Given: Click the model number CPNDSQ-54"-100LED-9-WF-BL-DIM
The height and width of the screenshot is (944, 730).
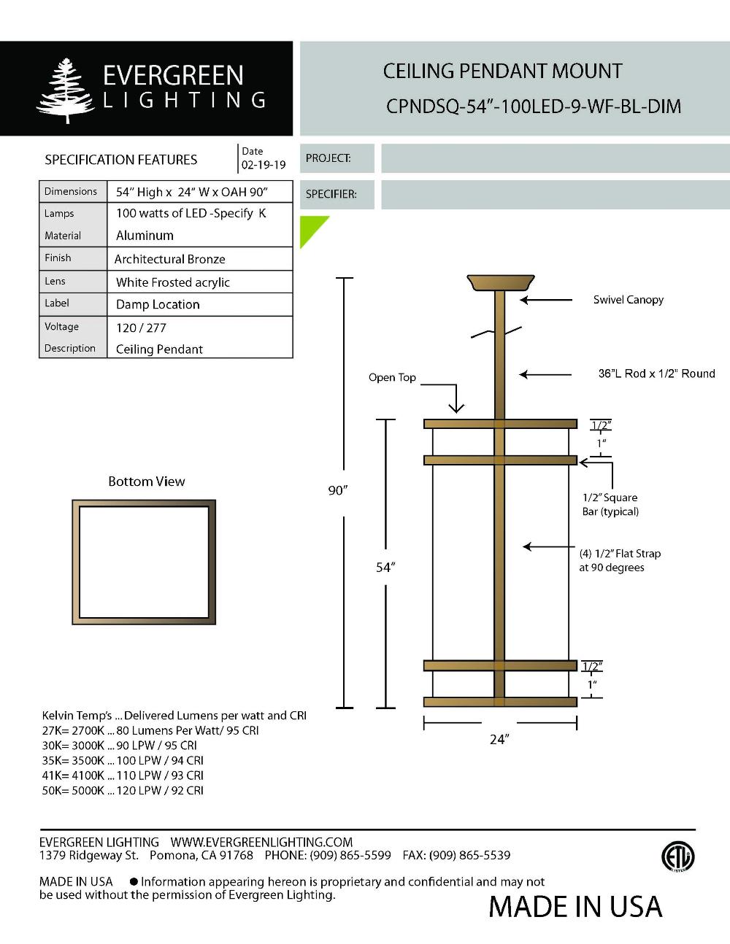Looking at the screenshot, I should pos(533,107).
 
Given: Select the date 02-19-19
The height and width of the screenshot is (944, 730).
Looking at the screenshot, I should pos(264,165).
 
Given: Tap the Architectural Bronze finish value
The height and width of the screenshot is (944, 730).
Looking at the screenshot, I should pos(169,259).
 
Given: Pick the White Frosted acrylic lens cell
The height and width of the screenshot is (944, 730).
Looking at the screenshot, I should pos(172,282).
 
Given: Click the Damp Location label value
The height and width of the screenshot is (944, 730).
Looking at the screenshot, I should pos(158,304).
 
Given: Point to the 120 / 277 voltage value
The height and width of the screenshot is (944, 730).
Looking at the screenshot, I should pos(141,328).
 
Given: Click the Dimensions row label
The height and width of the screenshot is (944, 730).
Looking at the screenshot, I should pos(70,191).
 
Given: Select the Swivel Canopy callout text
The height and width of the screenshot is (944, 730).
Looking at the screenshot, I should pos(628,299).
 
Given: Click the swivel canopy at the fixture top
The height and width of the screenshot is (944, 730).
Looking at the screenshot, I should pos(501,282).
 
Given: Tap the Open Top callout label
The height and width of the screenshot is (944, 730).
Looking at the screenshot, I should pos(392,377).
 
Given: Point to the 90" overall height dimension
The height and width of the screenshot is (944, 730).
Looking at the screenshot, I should pos(336,490).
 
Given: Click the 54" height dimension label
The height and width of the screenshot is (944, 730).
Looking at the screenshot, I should pos(385,567).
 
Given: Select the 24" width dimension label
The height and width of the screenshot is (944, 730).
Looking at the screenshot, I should pos(499,740).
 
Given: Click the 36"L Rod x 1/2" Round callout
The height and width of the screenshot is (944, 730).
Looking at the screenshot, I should pos(656,374).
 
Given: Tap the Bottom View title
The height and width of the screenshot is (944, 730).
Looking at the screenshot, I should pos(146,481).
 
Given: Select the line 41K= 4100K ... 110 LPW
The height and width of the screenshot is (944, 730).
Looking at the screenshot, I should pos(123,775).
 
